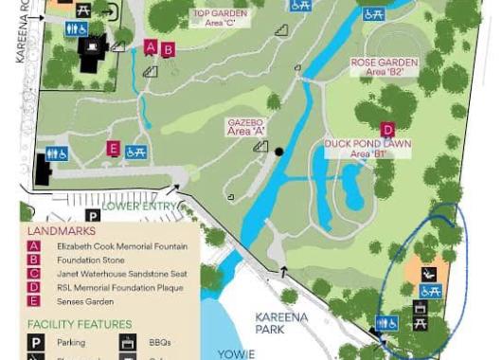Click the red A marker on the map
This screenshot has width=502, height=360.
pos(151,47)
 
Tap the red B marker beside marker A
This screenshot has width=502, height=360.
pos(168,50)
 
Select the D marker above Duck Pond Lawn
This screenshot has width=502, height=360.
pos(387,130)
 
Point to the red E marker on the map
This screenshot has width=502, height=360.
pos(113,149)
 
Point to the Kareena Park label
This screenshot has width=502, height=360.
pos(281,323)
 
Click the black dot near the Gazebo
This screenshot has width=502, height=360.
pos(279,152)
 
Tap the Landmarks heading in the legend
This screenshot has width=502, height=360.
pos(62,231)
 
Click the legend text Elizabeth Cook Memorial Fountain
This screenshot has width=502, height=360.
pos(122,246)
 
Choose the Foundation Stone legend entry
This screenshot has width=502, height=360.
pos(91,261)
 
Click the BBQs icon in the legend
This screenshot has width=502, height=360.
pos(128,343)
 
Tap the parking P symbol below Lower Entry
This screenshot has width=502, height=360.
pos(93,217)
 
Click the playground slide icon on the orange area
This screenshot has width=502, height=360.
pos(429,275)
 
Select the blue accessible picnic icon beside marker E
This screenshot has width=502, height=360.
pos(135,152)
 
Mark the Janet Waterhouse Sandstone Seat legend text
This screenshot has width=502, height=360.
pos(122,274)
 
